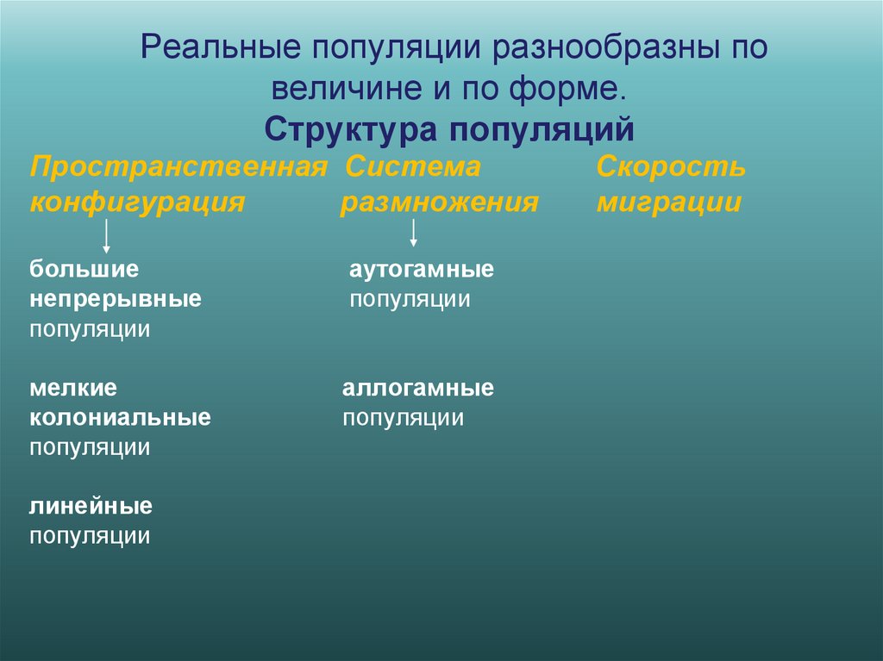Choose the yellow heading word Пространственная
click(178, 166)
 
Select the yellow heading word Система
click(412, 166)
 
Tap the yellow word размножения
click(439, 203)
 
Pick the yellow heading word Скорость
click(671, 166)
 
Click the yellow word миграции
click(668, 203)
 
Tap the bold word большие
click(85, 269)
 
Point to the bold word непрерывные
click(116, 299)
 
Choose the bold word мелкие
click(73, 388)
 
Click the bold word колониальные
click(120, 418)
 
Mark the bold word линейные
click(91, 506)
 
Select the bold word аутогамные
click(422, 269)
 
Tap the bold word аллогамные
click(418, 388)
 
